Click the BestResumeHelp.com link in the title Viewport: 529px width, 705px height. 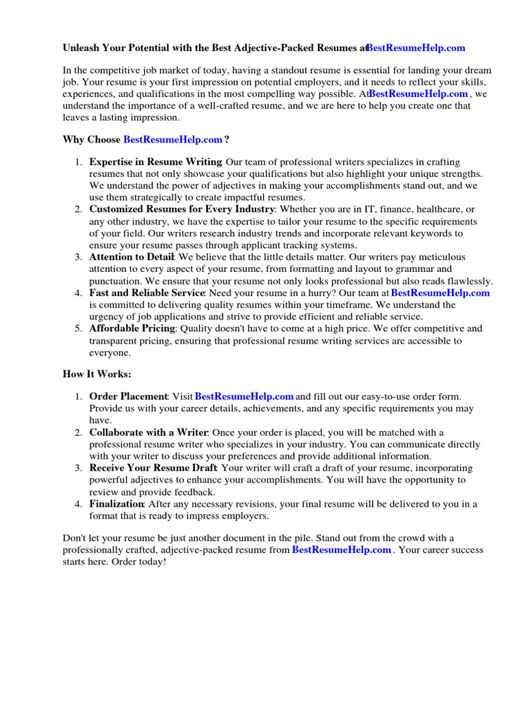pyautogui.click(x=416, y=48)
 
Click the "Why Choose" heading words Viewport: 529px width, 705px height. pyautogui.click(x=92, y=140)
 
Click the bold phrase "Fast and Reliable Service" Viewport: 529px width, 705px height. pyautogui.click(x=147, y=293)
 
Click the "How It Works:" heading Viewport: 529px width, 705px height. pyautogui.click(x=96, y=374)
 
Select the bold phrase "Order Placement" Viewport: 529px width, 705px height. pyautogui.click(x=128, y=396)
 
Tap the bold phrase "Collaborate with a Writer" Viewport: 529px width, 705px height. pyautogui.click(x=148, y=432)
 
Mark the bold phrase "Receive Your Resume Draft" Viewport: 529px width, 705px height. pyautogui.click(x=153, y=468)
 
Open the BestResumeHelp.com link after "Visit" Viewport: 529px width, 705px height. pyautogui.click(x=245, y=396)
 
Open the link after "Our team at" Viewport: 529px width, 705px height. pyautogui.click(x=440, y=293)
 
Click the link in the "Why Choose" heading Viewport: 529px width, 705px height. pyautogui.click(x=173, y=140)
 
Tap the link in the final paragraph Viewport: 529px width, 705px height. pyautogui.click(x=342, y=550)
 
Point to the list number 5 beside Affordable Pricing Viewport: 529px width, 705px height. pyautogui.click(x=79, y=328)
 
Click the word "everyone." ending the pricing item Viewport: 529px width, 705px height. pyautogui.click(x=110, y=352)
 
